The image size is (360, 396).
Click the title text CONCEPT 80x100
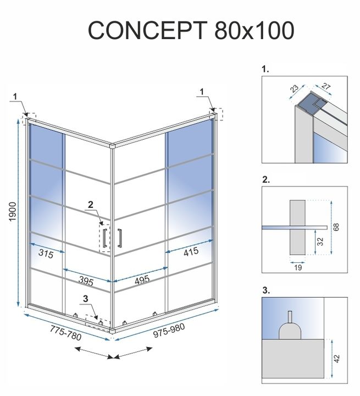190,31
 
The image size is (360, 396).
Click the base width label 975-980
166,332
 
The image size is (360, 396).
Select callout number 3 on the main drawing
84,299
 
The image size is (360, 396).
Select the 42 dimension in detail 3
337,358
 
